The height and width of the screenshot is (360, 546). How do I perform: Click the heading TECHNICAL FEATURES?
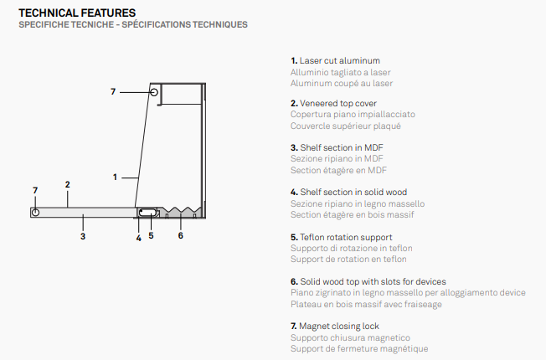click(x=77, y=13)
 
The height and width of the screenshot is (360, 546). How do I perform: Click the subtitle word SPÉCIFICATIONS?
click(x=156, y=24)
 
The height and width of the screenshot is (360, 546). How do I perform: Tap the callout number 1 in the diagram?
click(x=115, y=177)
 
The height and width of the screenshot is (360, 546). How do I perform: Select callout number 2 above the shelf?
click(x=68, y=184)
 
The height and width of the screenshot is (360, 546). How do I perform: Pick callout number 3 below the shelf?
click(x=83, y=236)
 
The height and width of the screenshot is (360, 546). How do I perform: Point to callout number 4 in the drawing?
click(x=138, y=238)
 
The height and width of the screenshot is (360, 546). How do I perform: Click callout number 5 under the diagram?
click(x=151, y=236)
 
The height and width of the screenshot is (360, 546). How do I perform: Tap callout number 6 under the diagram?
click(x=180, y=236)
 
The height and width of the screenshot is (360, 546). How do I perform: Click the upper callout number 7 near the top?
click(x=113, y=91)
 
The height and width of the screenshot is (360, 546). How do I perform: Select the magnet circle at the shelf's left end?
click(x=35, y=212)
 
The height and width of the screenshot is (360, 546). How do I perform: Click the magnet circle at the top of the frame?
click(x=154, y=92)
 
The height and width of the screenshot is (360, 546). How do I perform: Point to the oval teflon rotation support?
click(x=147, y=213)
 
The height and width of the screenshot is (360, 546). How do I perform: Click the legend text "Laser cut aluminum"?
click(x=339, y=60)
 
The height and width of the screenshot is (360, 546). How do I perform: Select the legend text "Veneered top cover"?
click(x=338, y=104)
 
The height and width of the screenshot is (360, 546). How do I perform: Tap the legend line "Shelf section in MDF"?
click(x=342, y=147)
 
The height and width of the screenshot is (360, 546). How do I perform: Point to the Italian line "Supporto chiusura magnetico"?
click(x=350, y=337)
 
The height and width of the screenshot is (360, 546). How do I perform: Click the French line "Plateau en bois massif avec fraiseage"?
click(x=366, y=304)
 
